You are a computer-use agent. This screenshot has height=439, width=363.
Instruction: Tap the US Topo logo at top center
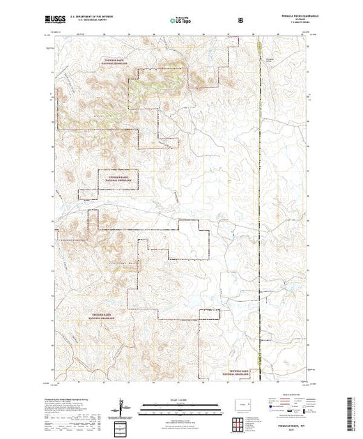tap(181, 21)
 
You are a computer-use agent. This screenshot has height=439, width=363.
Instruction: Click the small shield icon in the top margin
tap(241, 21)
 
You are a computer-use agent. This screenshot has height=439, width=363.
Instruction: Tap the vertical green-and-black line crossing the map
tap(261, 209)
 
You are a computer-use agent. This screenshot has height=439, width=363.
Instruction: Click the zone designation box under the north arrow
tap(121, 425)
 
